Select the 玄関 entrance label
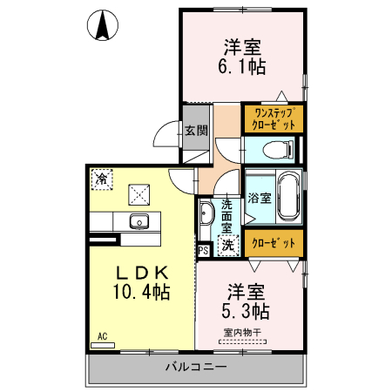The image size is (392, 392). [x=195, y=132]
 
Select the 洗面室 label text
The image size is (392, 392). [x=226, y=214]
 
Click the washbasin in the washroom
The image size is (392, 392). [x=207, y=214]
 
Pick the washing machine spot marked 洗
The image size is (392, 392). [x=226, y=246]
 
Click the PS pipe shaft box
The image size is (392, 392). [x=203, y=251]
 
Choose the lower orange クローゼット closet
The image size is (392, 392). [x=274, y=243]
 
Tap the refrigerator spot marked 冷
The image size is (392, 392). [x=102, y=179]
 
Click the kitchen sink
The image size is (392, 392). [x=140, y=220]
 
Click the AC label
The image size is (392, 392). [x=102, y=336]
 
